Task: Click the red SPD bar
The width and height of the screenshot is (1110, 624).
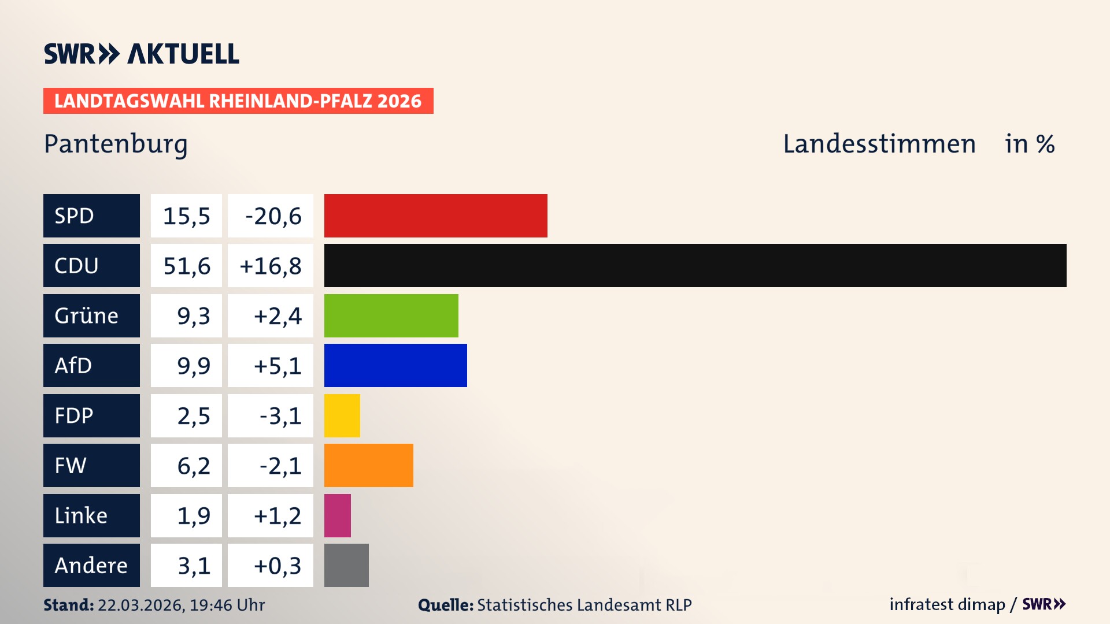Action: pos(435,216)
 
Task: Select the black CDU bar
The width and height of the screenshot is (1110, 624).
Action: pos(695,265)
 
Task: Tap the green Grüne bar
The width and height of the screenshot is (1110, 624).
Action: pos(391,315)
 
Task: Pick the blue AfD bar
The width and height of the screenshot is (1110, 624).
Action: pos(395,365)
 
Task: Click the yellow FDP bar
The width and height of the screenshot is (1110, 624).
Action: pos(342,415)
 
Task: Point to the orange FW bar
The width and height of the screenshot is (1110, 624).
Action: pos(368,465)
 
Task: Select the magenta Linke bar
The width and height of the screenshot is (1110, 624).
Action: pos(337,515)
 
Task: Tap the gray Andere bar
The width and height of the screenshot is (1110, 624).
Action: pos(346,565)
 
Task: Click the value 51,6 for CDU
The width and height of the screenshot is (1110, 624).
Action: pos(186,266)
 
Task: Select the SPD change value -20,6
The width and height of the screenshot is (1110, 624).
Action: pos(272,216)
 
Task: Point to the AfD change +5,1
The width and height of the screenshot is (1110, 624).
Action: pos(277,366)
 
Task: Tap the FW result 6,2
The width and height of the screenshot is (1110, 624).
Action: pos(193,466)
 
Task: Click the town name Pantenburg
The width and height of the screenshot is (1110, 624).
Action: pos(116,144)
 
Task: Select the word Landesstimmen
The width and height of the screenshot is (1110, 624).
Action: pos(879,144)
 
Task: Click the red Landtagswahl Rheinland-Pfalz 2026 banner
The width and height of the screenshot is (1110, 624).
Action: pos(238,101)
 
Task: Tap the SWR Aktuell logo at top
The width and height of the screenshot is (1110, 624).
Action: pos(142,54)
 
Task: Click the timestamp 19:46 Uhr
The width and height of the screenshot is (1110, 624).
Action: pos(227,605)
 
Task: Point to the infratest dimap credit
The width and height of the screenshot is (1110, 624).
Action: pos(946,604)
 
